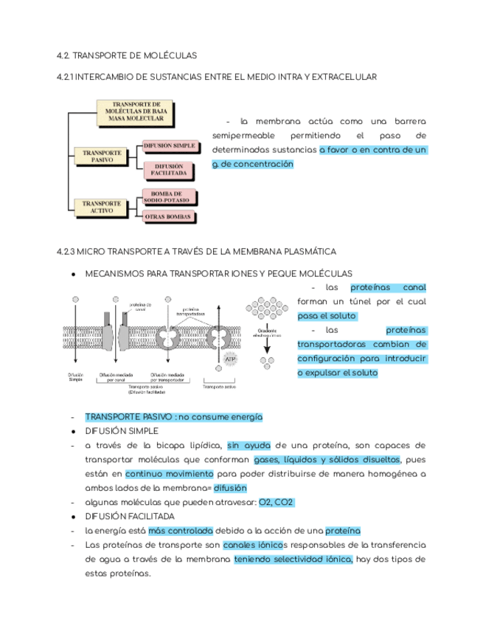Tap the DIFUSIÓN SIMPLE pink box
(x=169, y=146)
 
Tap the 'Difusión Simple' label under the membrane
(x=75, y=377)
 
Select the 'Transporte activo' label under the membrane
(x=220, y=386)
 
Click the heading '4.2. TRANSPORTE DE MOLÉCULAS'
(x=127, y=55)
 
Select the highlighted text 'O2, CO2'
(x=275, y=502)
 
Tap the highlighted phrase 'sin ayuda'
(x=249, y=445)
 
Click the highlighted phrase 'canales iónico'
(x=253, y=545)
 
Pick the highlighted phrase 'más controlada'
(x=181, y=530)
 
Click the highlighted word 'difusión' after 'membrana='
(x=230, y=487)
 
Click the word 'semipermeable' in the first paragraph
(x=243, y=136)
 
